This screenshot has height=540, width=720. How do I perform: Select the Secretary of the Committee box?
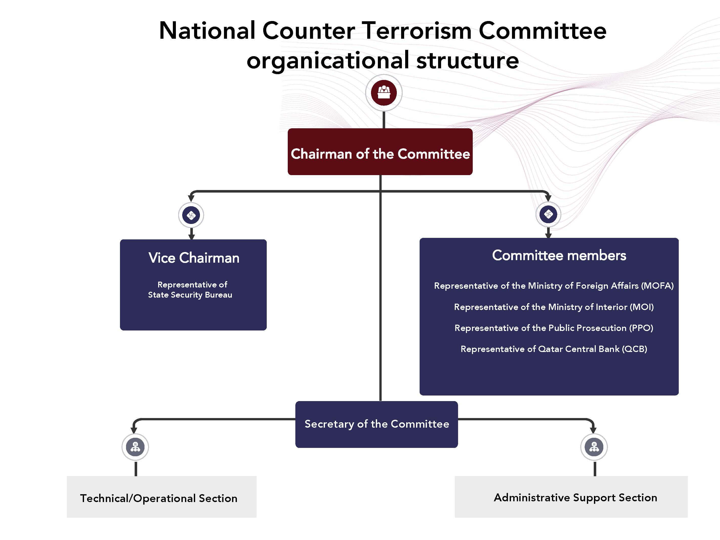[376, 424]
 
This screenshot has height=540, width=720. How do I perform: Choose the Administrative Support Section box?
[571, 497]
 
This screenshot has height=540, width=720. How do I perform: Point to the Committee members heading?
[559, 256]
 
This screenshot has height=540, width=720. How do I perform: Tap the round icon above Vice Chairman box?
[191, 215]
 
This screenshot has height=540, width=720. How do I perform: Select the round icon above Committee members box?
[548, 214]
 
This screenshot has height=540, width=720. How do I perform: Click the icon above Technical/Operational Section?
[135, 447]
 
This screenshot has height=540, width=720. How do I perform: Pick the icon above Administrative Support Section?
[594, 447]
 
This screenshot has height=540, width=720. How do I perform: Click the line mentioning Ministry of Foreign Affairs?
[554, 286]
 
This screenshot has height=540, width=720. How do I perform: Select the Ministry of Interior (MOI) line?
[554, 307]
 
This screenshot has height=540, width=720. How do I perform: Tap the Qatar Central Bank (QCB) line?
[554, 349]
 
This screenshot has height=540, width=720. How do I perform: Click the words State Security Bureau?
[190, 295]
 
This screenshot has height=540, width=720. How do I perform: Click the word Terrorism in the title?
[416, 31]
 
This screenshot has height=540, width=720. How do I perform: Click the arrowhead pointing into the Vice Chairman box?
[191, 237]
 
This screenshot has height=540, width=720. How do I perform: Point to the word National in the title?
[207, 31]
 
